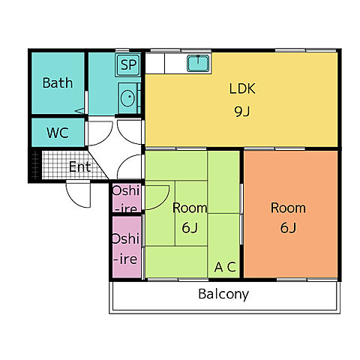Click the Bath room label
tap(58, 82)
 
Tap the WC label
tap(58, 133)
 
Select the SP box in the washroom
tap(128, 64)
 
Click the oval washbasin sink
tap(127, 97)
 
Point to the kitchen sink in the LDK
tap(198, 63)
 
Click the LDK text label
tap(242, 88)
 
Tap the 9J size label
tap(242, 112)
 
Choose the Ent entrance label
tap(79, 166)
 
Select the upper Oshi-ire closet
tap(127, 199)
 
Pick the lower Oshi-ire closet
tap(127, 247)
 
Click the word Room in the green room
tap(190, 208)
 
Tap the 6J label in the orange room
tap(288, 227)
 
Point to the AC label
tap(225, 267)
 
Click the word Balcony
tap(223, 294)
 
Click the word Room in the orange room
tap(288, 208)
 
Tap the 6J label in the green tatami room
tap(190, 227)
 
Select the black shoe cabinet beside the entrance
tap(35, 165)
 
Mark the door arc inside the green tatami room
tap(165, 202)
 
